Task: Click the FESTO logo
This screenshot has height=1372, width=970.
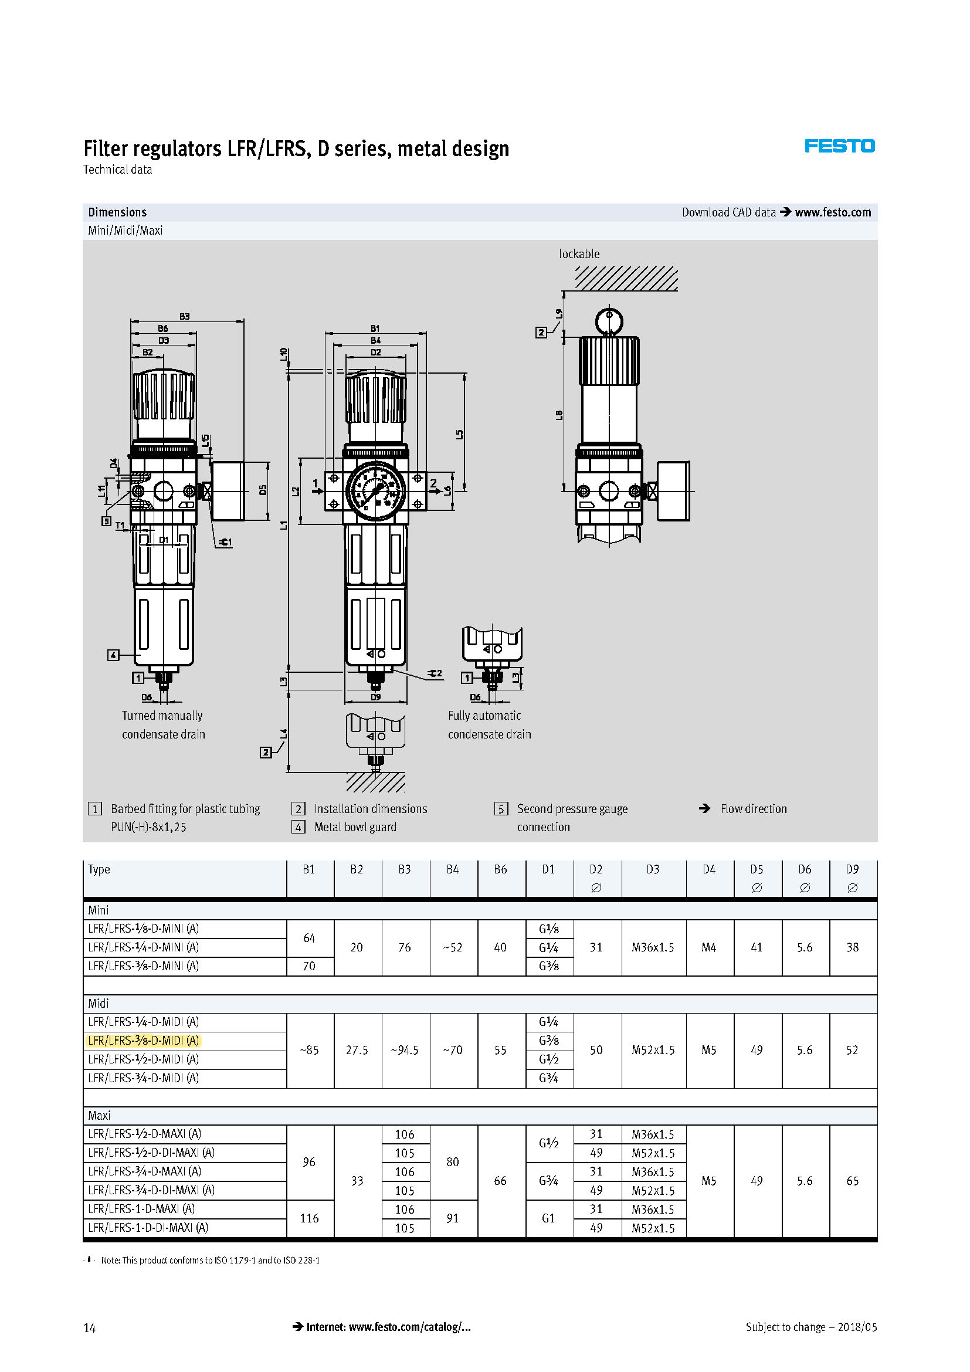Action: [x=839, y=146]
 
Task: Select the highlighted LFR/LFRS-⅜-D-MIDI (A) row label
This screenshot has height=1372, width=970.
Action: [x=143, y=1041]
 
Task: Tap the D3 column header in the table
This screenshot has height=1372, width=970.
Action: [x=653, y=869]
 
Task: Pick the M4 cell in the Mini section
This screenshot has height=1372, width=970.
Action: [x=709, y=947]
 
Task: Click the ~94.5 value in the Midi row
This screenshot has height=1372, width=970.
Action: [x=405, y=1050]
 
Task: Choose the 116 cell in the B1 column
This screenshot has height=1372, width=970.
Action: [x=309, y=1218]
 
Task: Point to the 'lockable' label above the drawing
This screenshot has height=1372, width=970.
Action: [x=579, y=254]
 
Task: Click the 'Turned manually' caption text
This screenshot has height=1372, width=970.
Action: [x=162, y=715]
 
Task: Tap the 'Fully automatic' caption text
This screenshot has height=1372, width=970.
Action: [x=484, y=715]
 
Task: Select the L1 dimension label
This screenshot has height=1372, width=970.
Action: [x=284, y=524]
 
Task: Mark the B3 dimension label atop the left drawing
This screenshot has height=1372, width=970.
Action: [x=185, y=316]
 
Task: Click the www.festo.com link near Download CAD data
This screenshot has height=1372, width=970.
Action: [x=833, y=212]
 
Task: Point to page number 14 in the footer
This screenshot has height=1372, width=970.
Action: [x=90, y=1328]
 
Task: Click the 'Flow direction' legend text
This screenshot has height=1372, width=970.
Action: [x=753, y=808]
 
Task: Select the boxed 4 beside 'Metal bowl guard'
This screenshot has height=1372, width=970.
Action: [x=298, y=827]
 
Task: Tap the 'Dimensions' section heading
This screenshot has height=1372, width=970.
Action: [x=117, y=212]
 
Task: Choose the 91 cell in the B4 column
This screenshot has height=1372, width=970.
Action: [x=452, y=1218]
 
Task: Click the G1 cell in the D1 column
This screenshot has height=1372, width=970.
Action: [x=548, y=1218]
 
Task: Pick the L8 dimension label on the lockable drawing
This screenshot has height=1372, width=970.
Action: [x=559, y=414]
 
